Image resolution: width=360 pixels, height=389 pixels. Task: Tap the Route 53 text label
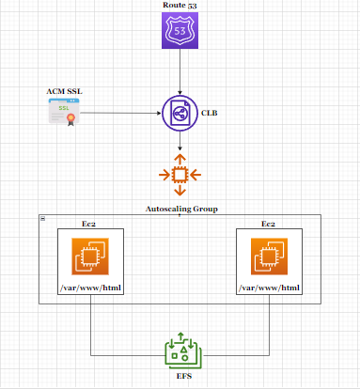point(179,7)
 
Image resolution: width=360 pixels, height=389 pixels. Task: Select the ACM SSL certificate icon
point(65,115)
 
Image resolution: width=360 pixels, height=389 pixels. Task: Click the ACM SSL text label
point(64,92)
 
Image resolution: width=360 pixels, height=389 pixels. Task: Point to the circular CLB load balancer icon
point(179,115)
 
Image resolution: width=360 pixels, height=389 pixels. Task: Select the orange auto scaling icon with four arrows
point(179,176)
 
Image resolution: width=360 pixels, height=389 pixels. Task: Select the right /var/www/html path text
point(269,287)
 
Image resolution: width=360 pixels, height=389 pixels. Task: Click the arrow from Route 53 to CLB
point(179,73)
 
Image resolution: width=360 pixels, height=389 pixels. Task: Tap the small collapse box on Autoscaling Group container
point(43,219)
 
